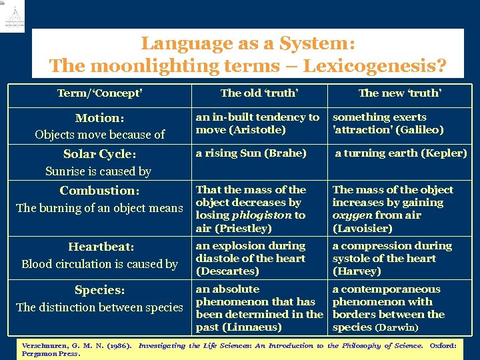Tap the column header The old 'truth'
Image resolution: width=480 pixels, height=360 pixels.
(x=259, y=93)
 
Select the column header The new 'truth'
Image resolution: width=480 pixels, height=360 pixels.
(x=399, y=93)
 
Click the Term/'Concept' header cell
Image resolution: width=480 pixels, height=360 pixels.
(x=100, y=93)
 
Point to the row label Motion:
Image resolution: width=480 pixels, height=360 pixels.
(x=99, y=118)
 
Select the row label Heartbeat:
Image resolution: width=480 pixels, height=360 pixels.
(x=99, y=247)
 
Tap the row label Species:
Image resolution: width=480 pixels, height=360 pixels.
(x=99, y=290)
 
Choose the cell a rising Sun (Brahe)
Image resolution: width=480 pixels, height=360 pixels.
(x=251, y=153)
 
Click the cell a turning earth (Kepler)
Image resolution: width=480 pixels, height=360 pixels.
(x=401, y=153)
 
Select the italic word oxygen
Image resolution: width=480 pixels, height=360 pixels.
(x=351, y=215)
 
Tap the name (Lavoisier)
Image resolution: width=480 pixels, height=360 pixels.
(x=363, y=228)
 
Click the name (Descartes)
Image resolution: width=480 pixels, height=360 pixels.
(x=227, y=271)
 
